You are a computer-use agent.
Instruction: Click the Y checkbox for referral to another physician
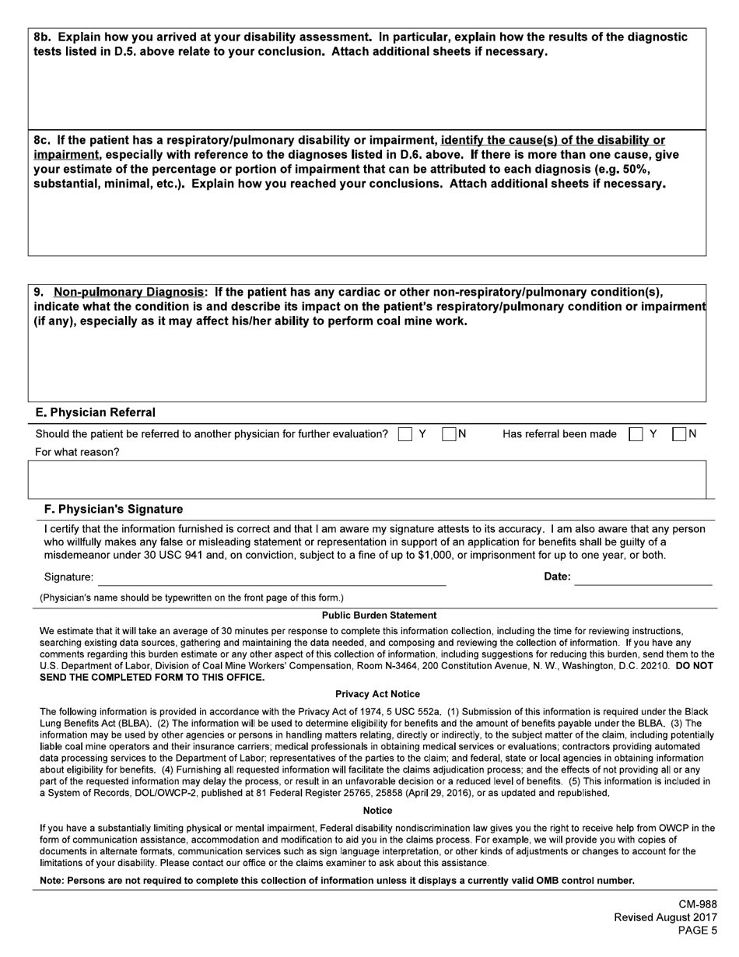pos(405,434)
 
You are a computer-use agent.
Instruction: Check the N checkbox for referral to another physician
pos(449,434)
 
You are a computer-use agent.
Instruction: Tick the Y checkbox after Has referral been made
pos(636,434)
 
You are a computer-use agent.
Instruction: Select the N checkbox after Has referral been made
pos(679,434)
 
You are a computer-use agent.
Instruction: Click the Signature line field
pos(271,577)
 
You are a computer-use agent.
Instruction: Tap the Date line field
pos(643,577)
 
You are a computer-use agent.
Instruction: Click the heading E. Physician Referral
pos(96,412)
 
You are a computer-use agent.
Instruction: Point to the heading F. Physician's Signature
pos(114,510)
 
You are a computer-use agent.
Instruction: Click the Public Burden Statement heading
pos(379,615)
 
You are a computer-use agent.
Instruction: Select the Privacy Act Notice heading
pos(377,694)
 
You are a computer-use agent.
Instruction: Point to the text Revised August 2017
pos(665,917)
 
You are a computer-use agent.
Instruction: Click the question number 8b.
pos(43,37)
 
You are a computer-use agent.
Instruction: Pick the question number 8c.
pos(43,141)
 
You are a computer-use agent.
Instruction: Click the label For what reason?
pos(78,452)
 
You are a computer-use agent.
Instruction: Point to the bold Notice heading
pos(378,811)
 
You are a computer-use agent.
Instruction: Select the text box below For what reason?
pos(367,478)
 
